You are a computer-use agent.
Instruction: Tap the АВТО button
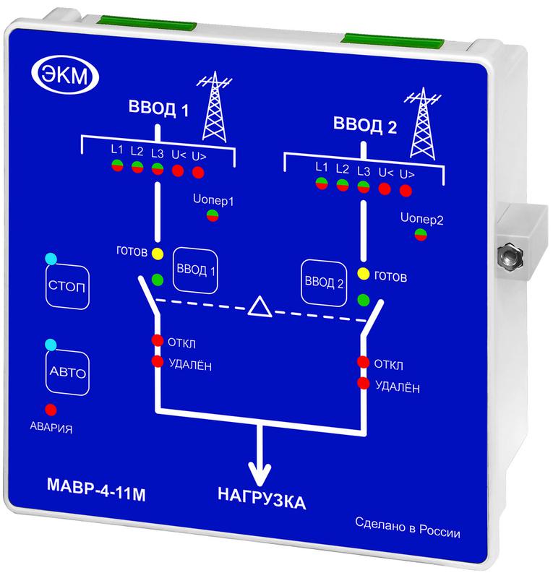pos(67,373)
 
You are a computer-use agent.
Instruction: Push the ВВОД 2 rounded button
pos(325,282)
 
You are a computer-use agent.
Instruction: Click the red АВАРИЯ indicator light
pos(51,409)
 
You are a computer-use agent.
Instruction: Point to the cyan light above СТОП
pos(50,259)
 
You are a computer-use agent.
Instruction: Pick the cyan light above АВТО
pos(50,343)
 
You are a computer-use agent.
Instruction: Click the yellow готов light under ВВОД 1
pos(158,254)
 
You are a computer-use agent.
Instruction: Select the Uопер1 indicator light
pos(212,215)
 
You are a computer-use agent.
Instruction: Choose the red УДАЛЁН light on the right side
pos(364,383)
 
